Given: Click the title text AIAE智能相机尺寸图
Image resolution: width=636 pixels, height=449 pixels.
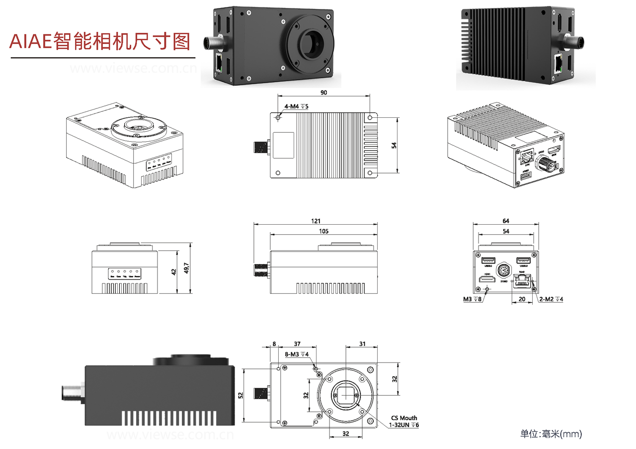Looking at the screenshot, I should (100, 41).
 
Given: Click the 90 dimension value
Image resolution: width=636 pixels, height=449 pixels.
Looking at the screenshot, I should (323, 92).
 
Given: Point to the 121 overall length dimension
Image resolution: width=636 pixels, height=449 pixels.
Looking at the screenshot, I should (316, 221).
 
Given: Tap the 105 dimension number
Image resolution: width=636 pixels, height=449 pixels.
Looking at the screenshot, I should (323, 231).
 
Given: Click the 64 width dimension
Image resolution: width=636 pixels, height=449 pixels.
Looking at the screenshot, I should (506, 221).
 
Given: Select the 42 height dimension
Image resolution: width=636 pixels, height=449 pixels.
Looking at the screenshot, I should (174, 272).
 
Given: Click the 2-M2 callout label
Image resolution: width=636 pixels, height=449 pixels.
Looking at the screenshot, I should (551, 299).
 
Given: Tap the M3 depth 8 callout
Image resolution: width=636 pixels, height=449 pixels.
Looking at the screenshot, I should (472, 299).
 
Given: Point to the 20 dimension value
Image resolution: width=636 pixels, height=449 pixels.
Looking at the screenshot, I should (522, 299).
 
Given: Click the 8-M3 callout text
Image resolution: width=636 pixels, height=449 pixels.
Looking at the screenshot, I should (297, 354).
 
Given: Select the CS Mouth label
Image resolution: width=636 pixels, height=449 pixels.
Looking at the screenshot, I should (404, 418).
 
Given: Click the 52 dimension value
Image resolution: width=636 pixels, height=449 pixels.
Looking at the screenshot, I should (241, 395).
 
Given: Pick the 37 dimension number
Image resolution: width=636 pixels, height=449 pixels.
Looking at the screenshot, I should (297, 344).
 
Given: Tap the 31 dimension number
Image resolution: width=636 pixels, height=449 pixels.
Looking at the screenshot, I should (362, 344).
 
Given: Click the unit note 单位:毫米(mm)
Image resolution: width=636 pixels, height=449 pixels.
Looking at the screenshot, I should (551, 434).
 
